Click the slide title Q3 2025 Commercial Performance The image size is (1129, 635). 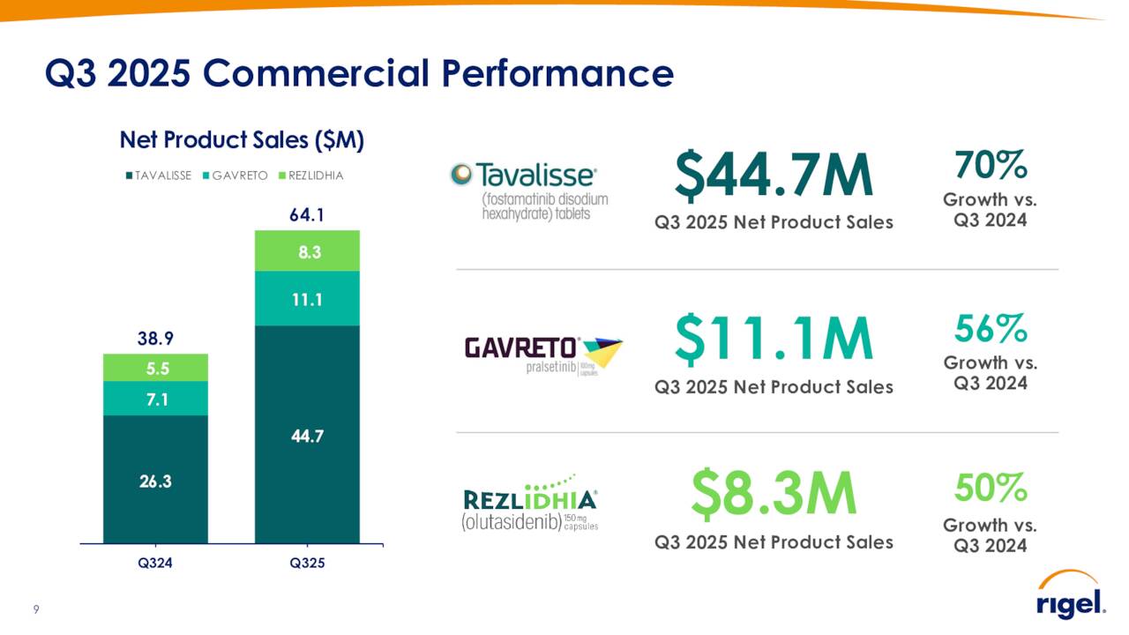(x=359, y=74)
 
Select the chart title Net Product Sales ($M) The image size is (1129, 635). (x=242, y=140)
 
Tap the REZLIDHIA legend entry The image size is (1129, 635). (x=310, y=176)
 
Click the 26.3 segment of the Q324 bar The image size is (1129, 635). (x=155, y=480)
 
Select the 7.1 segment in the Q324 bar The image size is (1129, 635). (x=155, y=399)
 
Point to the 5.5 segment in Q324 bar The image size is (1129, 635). (x=155, y=368)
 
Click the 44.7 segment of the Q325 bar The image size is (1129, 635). (x=307, y=435)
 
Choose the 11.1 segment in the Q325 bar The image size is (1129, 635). (x=307, y=299)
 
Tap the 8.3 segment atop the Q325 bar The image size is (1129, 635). (x=307, y=251)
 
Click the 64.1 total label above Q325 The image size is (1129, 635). (x=307, y=214)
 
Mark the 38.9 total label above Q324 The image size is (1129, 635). (x=155, y=338)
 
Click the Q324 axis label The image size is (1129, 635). (x=155, y=564)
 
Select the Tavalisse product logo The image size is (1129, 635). (x=529, y=190)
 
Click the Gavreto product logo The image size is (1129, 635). (x=543, y=356)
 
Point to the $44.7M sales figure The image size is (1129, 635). (x=774, y=176)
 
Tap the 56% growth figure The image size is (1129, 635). (x=991, y=329)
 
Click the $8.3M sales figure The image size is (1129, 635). (x=774, y=496)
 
